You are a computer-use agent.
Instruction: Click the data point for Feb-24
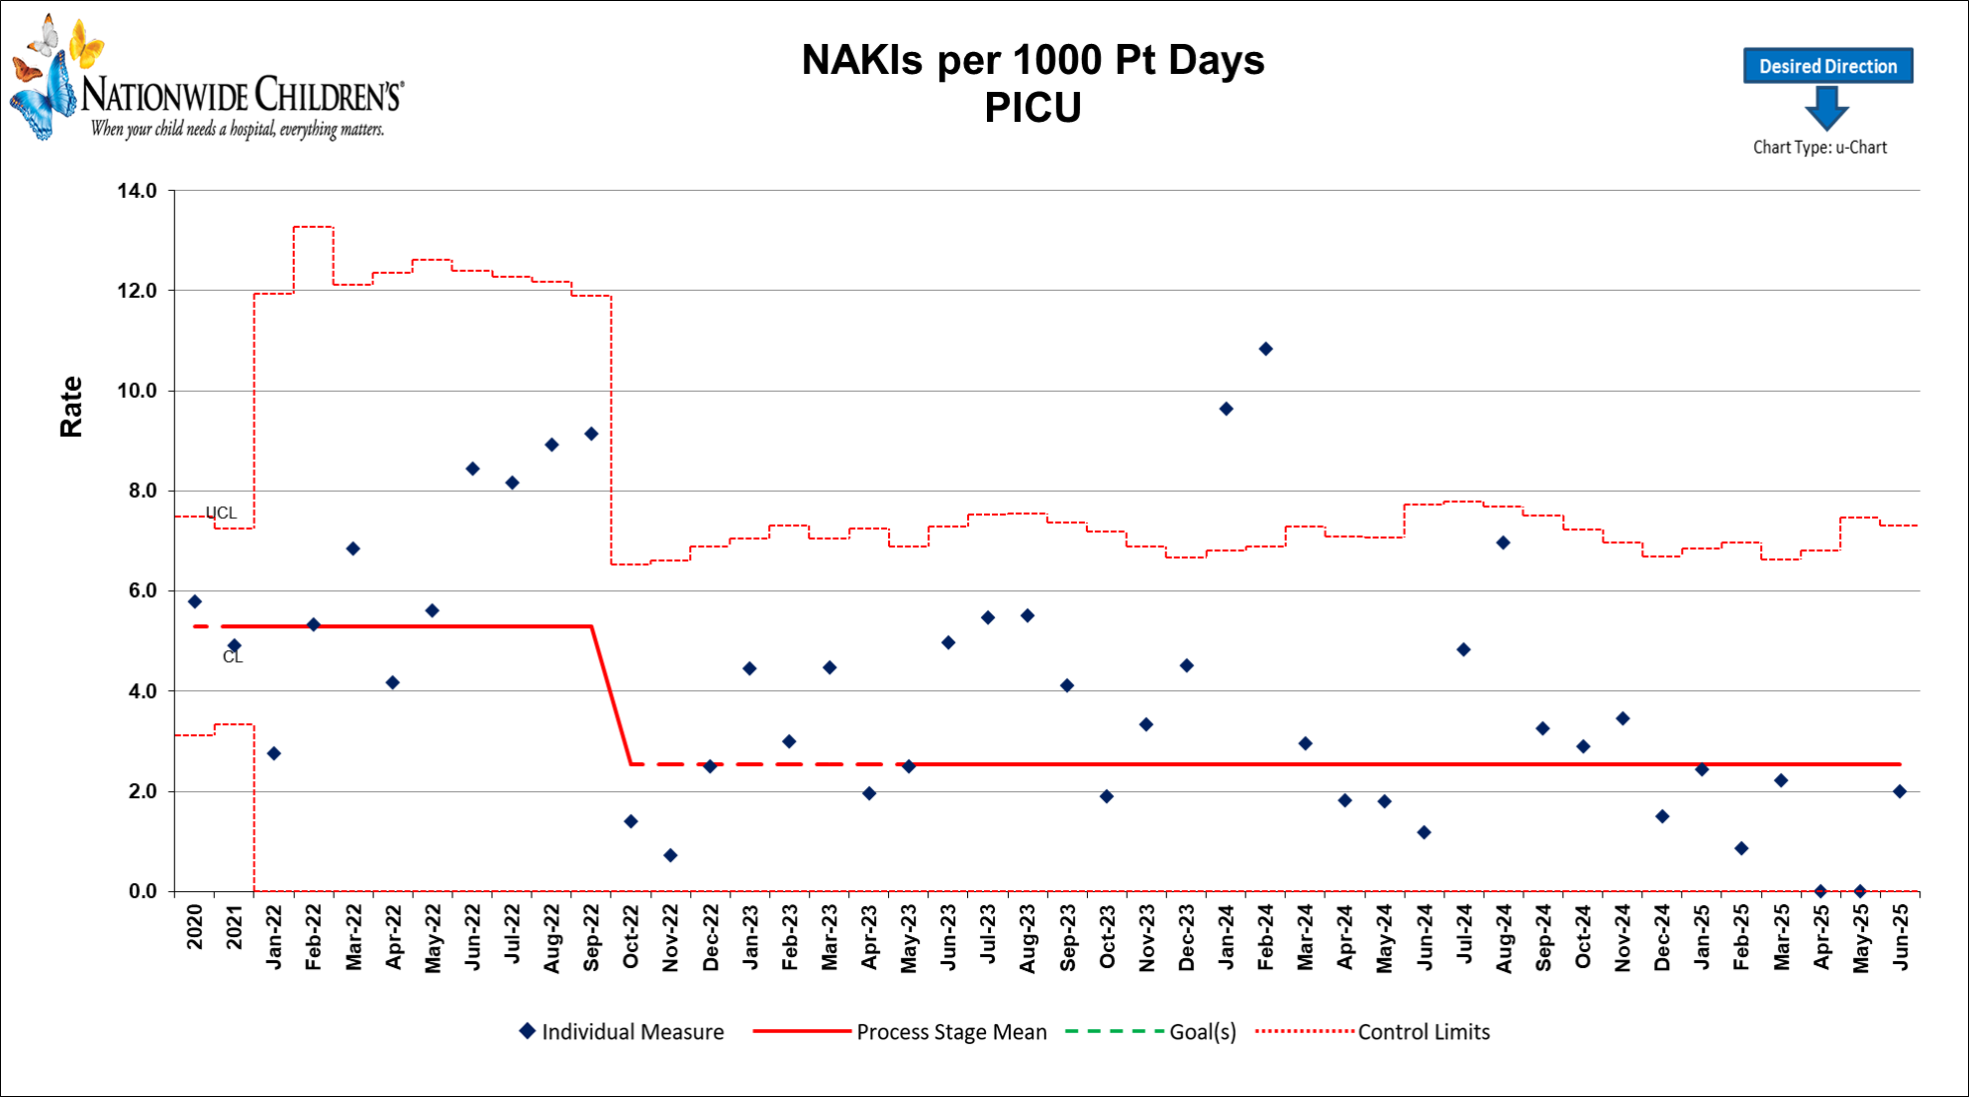point(1266,349)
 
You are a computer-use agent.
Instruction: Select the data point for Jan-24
point(1226,409)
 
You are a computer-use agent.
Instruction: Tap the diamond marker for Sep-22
point(591,434)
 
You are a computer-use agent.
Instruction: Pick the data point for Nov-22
point(670,855)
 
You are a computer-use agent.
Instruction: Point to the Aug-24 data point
point(1503,543)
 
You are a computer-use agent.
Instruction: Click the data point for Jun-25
point(1900,791)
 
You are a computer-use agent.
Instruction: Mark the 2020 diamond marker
point(195,601)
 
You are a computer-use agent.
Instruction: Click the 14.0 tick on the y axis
point(138,191)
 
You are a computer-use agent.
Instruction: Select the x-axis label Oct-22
point(631,937)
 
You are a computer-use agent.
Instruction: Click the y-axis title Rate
point(71,407)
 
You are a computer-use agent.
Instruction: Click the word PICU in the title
point(1032,108)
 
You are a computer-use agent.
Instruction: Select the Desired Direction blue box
point(1827,66)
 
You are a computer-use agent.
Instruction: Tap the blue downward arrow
point(1826,108)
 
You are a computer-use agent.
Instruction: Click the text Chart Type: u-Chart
point(1819,147)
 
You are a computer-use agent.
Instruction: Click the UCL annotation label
point(221,513)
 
